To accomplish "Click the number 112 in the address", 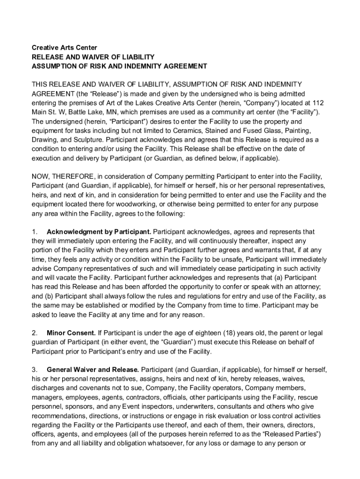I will point(319,102).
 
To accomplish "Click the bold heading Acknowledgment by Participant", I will point(99,232).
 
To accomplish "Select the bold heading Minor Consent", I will point(71,333).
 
